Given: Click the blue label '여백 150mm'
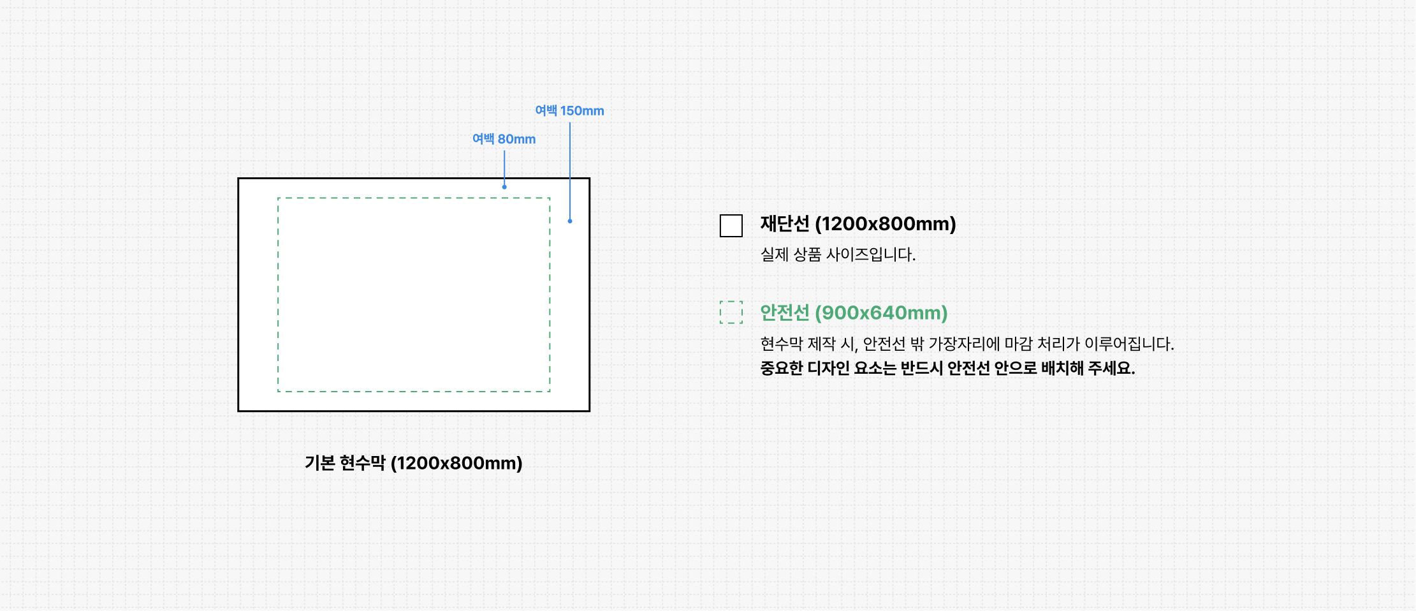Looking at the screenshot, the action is coord(569,111).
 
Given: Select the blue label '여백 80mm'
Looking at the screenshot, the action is coord(504,139).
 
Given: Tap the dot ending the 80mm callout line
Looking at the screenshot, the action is coord(504,187).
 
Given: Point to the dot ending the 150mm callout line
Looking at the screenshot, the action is coord(570,221).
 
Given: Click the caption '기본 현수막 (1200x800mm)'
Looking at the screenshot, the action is coord(413,463).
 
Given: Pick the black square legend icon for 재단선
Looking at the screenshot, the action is coord(731,226).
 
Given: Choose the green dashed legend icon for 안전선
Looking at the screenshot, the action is coord(731,313).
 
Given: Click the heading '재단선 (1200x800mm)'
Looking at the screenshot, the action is coord(858,224).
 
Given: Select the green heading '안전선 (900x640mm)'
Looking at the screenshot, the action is coord(854,313).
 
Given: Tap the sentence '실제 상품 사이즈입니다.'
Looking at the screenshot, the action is coord(838,254).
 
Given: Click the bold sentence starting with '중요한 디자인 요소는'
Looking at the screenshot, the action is coord(947,369).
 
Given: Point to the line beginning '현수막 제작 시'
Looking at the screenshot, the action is coord(967,344).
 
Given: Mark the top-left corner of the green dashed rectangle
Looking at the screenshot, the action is coord(279,198).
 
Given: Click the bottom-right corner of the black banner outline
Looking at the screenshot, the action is coord(589,411).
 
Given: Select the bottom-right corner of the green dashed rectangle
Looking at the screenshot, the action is coord(550,391).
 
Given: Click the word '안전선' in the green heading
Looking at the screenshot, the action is coord(784,313).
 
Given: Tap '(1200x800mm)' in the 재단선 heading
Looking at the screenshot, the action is coord(886,224).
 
